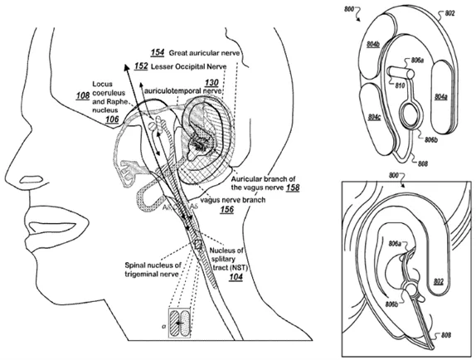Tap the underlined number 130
pyautogui.click(x=211, y=83)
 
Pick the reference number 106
pyautogui.click(x=111, y=119)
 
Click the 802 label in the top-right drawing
pyautogui.click(x=449, y=14)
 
